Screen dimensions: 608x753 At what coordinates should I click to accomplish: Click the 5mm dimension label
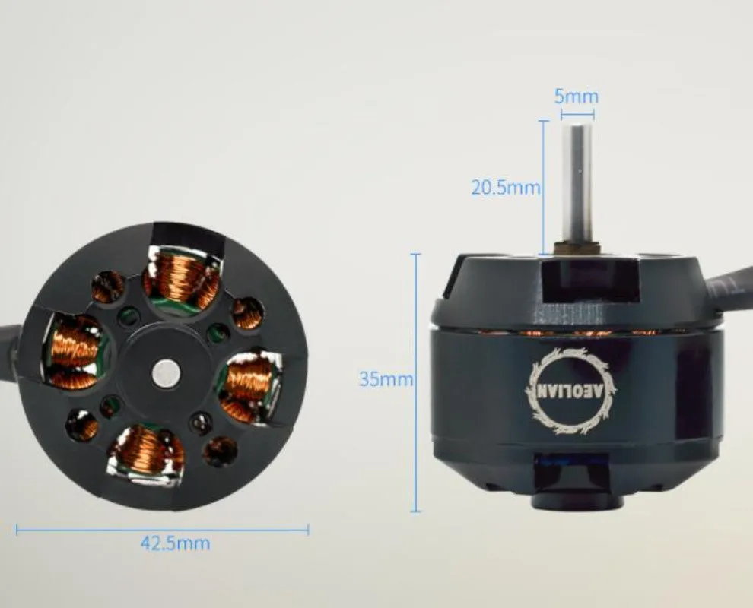576,97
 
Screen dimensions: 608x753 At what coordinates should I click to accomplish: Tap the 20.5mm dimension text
505,187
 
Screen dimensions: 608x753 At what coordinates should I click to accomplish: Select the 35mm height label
386,378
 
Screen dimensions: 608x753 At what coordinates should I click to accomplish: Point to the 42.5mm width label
175,543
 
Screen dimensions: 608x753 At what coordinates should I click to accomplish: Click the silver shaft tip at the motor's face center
164,372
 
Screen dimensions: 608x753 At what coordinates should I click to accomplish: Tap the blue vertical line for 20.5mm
543,187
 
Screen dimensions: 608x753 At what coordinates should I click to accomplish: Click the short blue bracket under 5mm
577,114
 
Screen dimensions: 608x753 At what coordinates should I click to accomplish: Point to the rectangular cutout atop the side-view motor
590,280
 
